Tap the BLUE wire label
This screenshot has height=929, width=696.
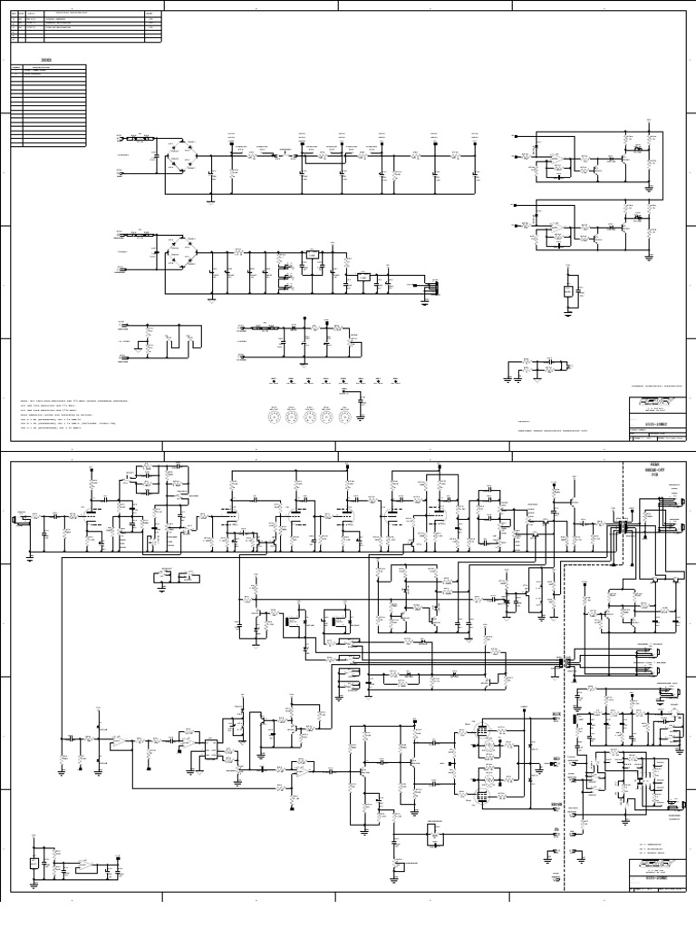[556, 714]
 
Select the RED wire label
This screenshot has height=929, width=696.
[556, 758]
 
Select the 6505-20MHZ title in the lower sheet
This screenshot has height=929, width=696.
[650, 878]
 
